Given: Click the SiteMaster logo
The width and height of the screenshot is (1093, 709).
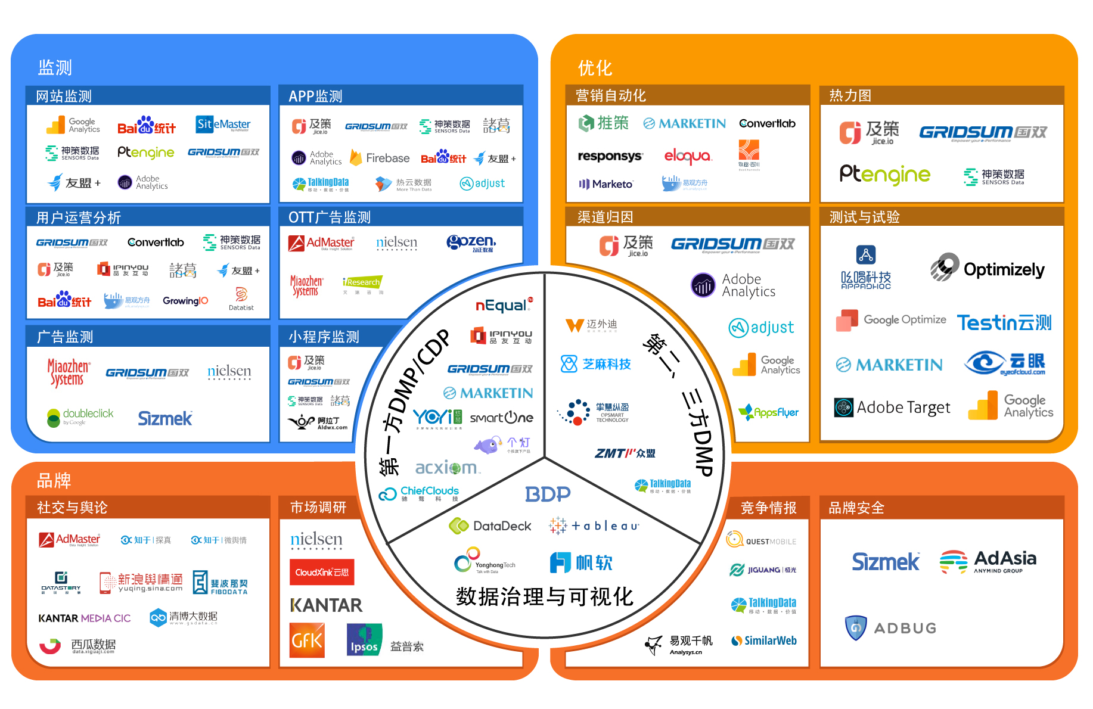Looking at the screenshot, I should click(223, 125).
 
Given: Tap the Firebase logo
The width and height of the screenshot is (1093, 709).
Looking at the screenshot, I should click(380, 158).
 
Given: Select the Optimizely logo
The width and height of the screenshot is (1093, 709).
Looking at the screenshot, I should click(988, 269).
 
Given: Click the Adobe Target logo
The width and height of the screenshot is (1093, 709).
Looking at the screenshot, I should click(892, 408).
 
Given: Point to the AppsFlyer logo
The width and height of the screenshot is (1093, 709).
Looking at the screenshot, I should click(768, 412).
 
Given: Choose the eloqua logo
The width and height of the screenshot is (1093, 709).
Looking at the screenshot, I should click(688, 156).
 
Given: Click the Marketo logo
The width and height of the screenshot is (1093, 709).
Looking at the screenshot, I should click(606, 184).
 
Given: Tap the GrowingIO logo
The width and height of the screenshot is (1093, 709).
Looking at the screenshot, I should click(185, 301).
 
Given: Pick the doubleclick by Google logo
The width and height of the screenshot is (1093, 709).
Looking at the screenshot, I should click(80, 416).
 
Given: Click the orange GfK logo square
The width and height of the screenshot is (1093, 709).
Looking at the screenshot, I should click(307, 640).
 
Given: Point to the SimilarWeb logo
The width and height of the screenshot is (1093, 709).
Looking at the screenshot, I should click(764, 641).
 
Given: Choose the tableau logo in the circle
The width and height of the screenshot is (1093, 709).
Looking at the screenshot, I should click(594, 525).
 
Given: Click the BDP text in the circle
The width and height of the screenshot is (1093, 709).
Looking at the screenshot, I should click(548, 494).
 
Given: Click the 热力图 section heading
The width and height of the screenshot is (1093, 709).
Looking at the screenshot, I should click(850, 95).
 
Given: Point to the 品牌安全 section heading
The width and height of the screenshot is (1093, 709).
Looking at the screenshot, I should click(856, 508).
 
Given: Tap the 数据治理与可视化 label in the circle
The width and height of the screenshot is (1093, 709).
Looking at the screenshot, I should click(544, 596).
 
